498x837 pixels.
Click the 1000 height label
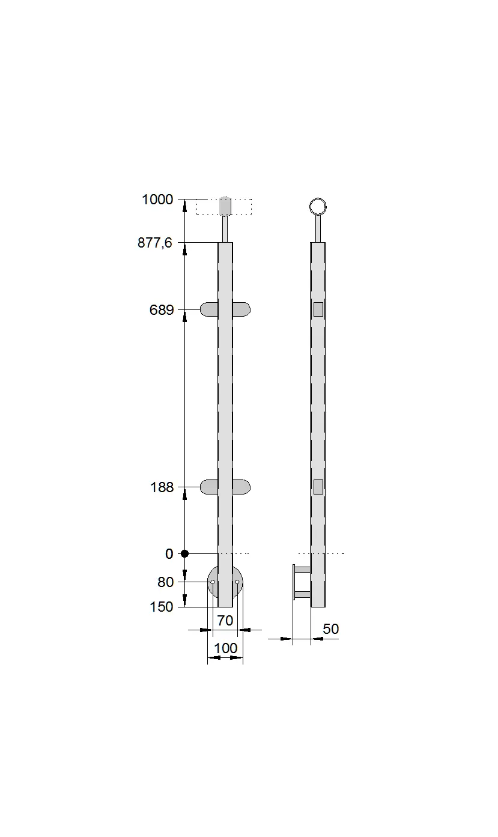point(157,199)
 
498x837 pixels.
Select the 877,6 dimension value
point(155,243)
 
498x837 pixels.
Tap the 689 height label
point(162,310)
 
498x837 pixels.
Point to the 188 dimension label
point(162,488)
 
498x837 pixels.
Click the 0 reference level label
point(169,554)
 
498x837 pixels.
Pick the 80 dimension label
point(166,582)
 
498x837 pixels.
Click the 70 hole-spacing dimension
point(225,621)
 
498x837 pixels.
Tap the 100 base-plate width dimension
point(225,648)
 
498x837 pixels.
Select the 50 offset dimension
point(330,629)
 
